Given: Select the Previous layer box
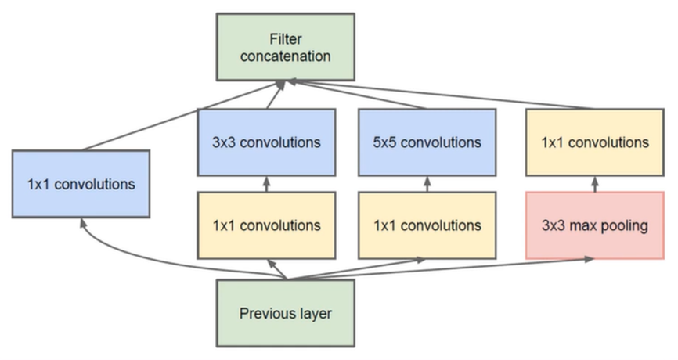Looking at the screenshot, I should coord(286,314).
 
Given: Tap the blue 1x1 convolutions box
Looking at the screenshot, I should coord(81,185).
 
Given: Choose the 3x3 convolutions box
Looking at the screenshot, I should coord(266,143).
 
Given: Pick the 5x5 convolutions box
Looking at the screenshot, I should coord(427,143).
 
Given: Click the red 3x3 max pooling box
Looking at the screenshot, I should coord(594,226).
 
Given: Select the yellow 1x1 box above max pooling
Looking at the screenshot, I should coord(594,142).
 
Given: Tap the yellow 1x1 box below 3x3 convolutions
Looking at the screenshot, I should coord(266,225).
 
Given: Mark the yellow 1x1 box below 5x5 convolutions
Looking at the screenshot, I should coord(427,225).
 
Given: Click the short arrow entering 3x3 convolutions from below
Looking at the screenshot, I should coord(266,185).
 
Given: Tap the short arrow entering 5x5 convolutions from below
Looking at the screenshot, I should coord(427,185).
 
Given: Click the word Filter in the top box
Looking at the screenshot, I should coord(285,38).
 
